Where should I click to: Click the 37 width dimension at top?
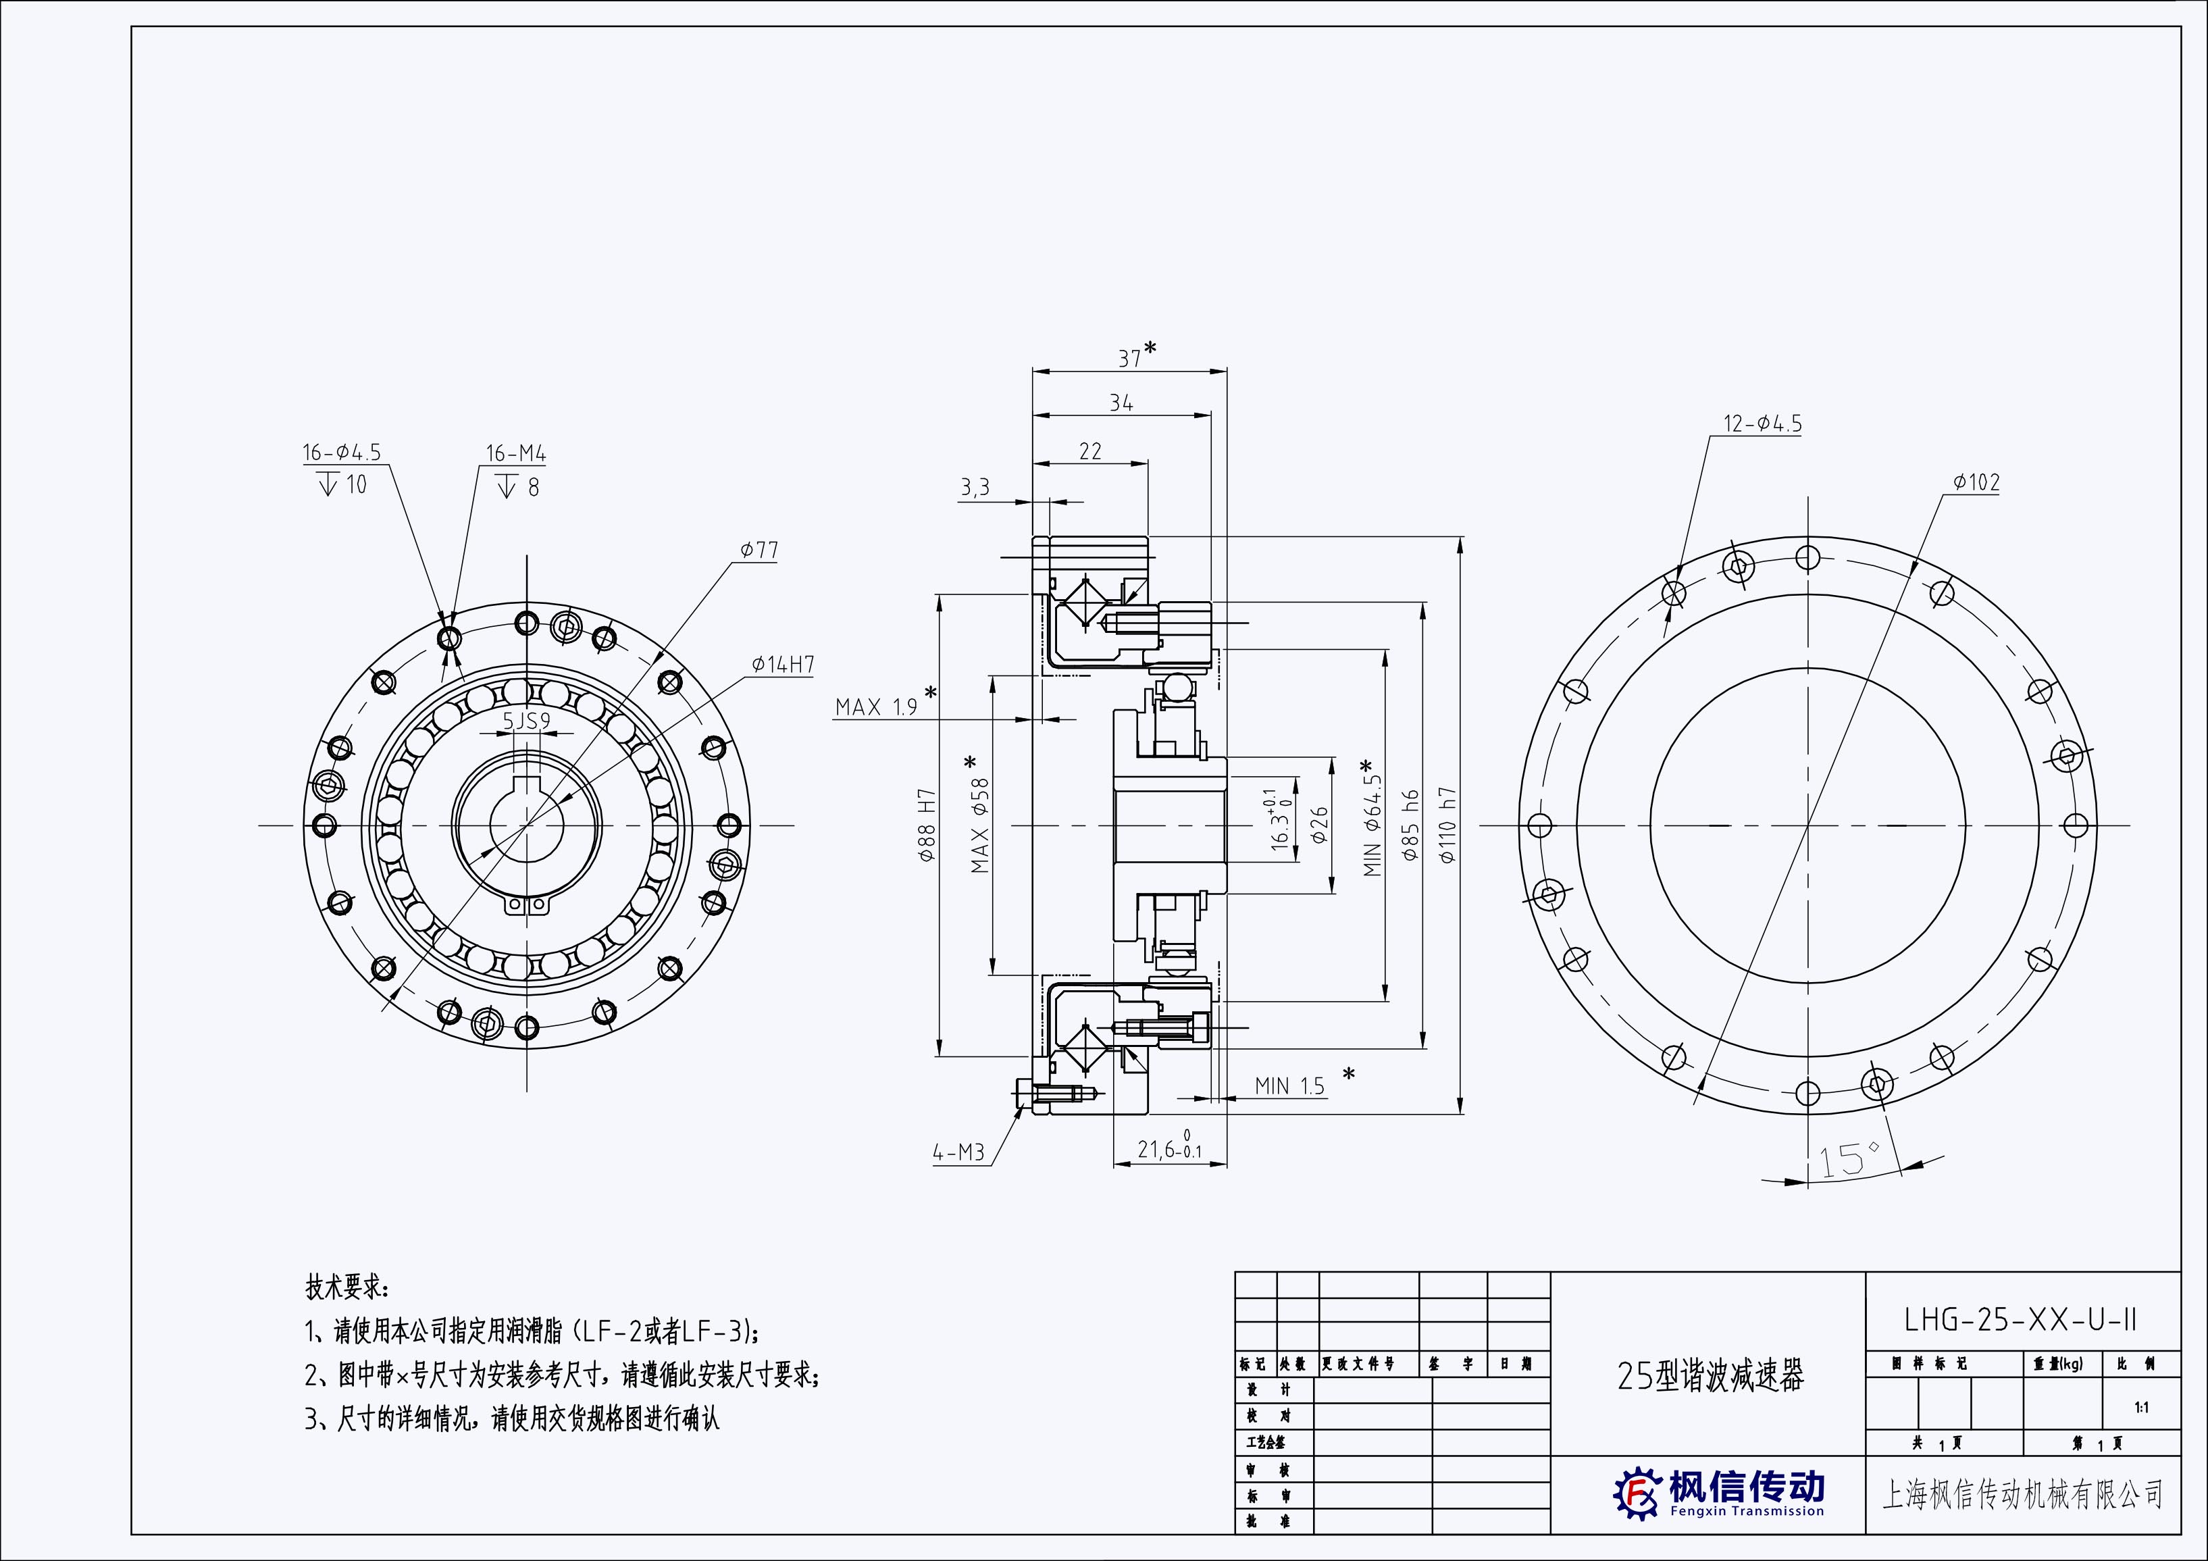tap(1131, 358)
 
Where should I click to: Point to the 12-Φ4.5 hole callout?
tap(1762, 424)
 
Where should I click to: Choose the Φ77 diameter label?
tap(759, 550)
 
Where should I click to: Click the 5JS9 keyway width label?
tap(526, 721)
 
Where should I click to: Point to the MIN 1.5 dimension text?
tap(1289, 1086)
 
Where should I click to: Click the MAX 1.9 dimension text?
tap(876, 707)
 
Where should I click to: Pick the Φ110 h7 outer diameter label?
tap(1448, 825)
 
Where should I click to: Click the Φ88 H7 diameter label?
tap(927, 825)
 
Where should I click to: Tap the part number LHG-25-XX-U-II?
tap(2020, 1320)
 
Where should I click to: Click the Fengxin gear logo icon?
tap(1637, 1493)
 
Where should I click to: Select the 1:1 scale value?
tap(2142, 1408)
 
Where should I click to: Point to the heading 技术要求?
tap(347, 1287)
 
